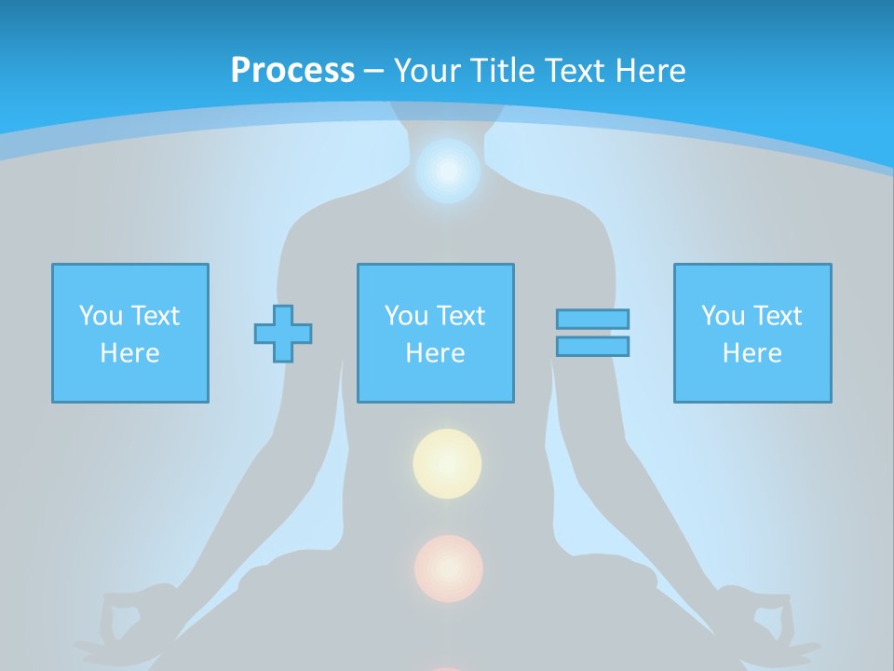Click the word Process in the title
(x=292, y=71)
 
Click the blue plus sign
(x=283, y=333)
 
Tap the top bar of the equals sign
(x=592, y=319)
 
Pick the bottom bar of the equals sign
(x=592, y=346)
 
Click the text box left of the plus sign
(x=129, y=333)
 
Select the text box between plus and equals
(x=435, y=333)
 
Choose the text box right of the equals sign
(x=752, y=333)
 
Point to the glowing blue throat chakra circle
(x=448, y=171)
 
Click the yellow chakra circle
(x=447, y=462)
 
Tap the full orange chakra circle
(x=448, y=568)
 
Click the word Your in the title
(x=424, y=71)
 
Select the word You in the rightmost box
(x=723, y=316)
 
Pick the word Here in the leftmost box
(x=129, y=353)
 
